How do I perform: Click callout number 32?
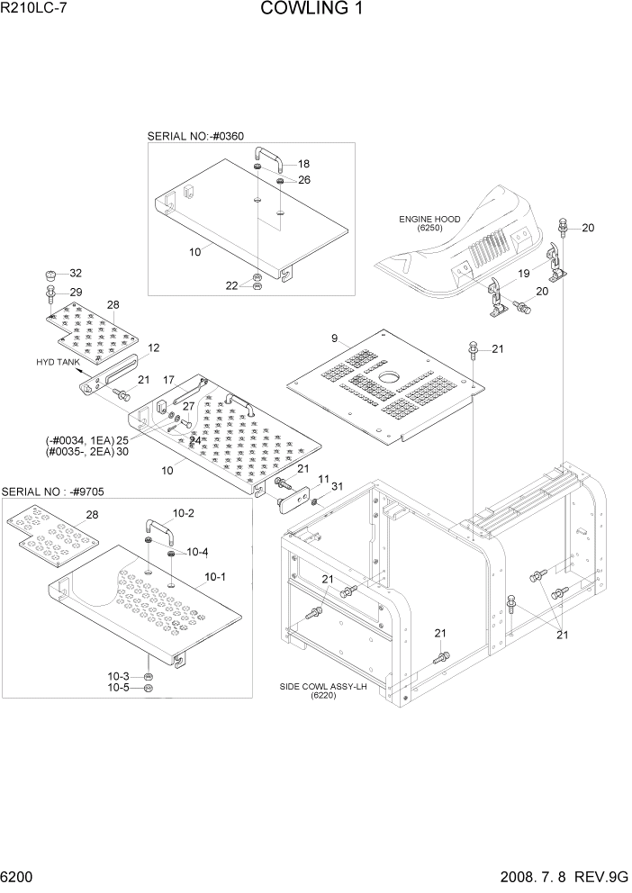click(x=76, y=274)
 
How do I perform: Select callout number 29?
click(x=76, y=292)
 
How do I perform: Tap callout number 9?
click(x=334, y=339)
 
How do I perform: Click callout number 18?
click(x=303, y=164)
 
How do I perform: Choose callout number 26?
click(x=303, y=180)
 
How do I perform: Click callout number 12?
click(x=154, y=347)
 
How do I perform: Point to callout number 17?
click(x=168, y=381)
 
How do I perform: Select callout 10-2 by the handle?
click(x=183, y=513)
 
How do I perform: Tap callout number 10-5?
click(x=120, y=689)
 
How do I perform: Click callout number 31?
click(x=338, y=487)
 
